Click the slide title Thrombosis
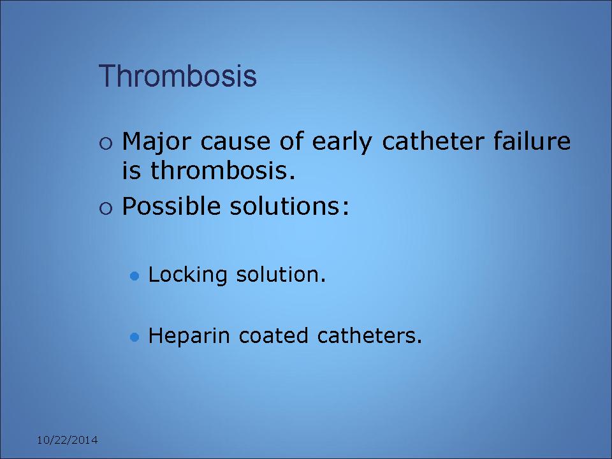[178, 76]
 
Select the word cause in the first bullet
[235, 142]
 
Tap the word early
[342, 142]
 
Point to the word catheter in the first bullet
[433, 141]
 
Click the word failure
[532, 141]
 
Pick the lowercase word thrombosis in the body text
[223, 170]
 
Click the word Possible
[171, 205]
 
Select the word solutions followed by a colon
[289, 205]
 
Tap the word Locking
[187, 275]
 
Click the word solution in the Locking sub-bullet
[280, 274]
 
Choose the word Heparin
[189, 337]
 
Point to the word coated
[273, 336]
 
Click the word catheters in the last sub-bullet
[370, 336]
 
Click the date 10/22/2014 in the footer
[67, 441]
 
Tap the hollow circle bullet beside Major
[106, 143]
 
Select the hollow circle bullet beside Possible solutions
[106, 208]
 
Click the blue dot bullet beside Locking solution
[135, 276]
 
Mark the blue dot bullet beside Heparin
[135, 337]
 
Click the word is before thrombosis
[131, 171]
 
